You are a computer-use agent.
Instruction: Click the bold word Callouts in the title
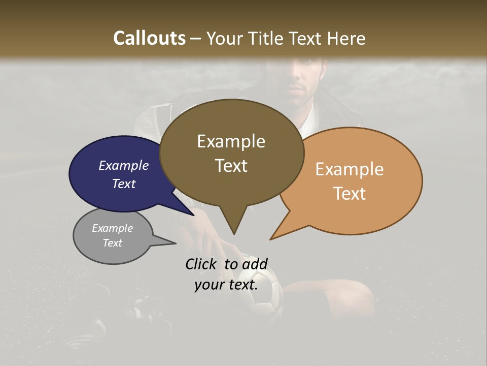point(149,38)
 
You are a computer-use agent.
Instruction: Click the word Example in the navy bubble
point(123,165)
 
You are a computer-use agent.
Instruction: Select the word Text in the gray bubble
point(112,243)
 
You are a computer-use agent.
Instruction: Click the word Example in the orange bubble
point(349,169)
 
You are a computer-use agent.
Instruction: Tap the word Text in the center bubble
point(231,166)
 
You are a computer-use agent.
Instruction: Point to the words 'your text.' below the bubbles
point(226,285)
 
